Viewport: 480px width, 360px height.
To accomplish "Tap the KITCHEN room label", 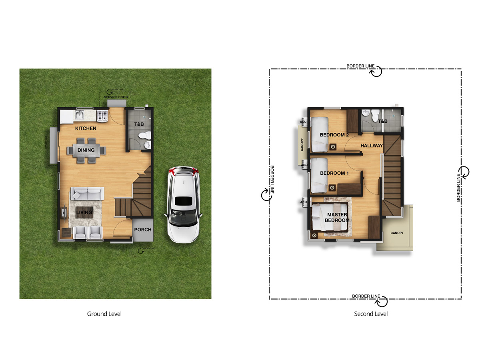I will [x=86, y=128].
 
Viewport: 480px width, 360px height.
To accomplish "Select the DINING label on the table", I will [x=86, y=150].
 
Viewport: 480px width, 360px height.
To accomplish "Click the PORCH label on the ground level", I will [x=143, y=230].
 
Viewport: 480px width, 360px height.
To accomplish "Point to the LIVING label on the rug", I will [x=84, y=212].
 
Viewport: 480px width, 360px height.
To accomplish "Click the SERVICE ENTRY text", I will [x=116, y=97].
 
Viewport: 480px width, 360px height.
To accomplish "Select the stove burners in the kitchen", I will [x=102, y=116].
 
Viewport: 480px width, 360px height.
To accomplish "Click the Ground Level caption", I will [x=104, y=314].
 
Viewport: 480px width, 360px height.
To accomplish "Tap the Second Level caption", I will [x=371, y=314].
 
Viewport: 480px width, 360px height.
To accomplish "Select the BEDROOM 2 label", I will [x=334, y=135].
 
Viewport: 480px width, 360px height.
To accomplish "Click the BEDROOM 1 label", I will [x=334, y=173].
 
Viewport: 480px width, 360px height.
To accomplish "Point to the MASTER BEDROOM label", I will [x=337, y=218].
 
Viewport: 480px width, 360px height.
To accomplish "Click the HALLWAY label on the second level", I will [x=372, y=146].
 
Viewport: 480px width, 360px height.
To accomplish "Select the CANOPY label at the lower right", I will [x=397, y=233].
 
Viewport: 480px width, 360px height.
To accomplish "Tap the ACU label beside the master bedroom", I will [x=303, y=202].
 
